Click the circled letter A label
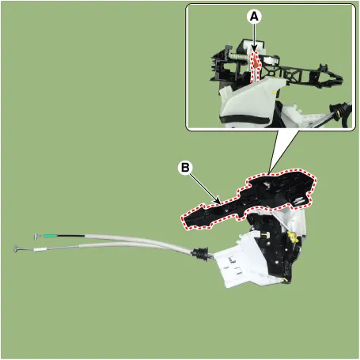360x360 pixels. (x=254, y=17)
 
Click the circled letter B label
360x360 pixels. (x=185, y=168)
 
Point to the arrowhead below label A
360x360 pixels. (x=254, y=49)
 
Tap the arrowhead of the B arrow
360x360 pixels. (x=218, y=201)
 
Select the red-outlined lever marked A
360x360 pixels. (x=256, y=66)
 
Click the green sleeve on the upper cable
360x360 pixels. (x=50, y=236)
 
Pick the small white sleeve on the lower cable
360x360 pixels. (x=40, y=248)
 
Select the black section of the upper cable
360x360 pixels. (x=70, y=236)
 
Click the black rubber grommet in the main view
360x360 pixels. (x=200, y=255)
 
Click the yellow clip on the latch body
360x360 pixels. (x=293, y=237)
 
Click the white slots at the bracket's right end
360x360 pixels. (x=299, y=201)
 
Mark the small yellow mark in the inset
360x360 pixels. (x=275, y=93)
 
